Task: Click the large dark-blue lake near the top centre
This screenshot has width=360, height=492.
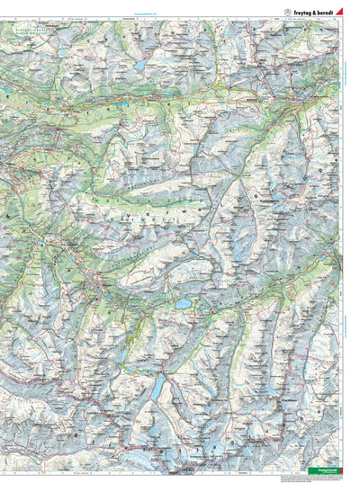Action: click(140, 66)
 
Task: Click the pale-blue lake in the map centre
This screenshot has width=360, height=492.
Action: click(184, 304)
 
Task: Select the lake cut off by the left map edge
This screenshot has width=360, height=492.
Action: click(3, 93)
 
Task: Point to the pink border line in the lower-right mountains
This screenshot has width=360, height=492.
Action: click(297, 423)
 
